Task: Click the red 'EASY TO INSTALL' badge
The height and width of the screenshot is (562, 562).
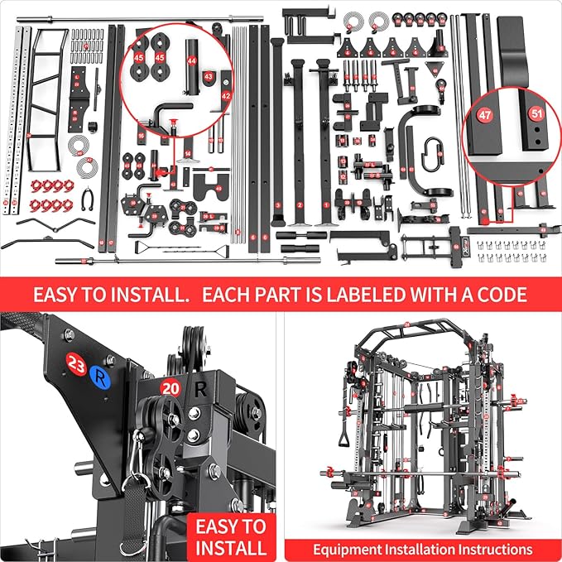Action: [230, 536]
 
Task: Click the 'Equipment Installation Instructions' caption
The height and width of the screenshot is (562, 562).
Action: [422, 549]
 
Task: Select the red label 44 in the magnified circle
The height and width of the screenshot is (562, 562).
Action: [192, 60]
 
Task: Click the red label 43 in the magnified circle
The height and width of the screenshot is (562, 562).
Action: [208, 76]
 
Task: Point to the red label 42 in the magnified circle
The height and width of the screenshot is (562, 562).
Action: [225, 96]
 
